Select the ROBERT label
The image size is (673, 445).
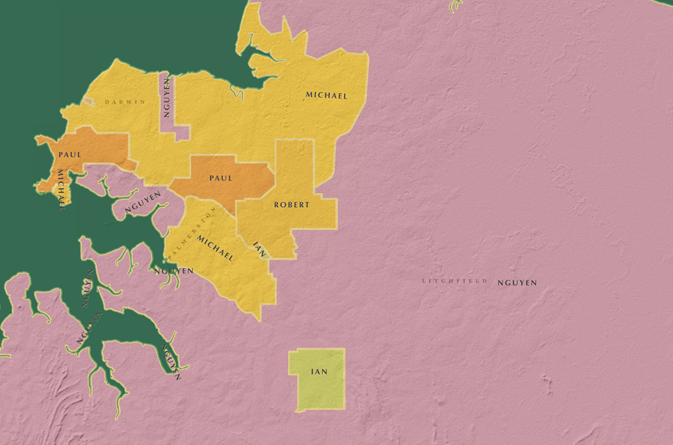(292, 205)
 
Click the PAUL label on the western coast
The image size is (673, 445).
(70, 155)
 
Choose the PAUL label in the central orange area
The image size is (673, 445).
(221, 178)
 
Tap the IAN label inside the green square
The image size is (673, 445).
(319, 372)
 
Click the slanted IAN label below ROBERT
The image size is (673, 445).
(259, 249)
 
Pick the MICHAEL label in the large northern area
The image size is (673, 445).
(326, 95)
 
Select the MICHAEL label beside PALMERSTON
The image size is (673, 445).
(215, 248)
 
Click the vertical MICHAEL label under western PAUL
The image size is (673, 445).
(61, 190)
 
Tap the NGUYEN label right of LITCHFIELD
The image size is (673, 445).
(517, 283)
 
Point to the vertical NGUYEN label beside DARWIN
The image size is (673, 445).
(167, 97)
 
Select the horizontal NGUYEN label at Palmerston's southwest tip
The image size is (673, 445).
(173, 271)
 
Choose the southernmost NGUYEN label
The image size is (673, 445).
(171, 361)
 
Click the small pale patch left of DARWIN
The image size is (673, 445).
(89, 102)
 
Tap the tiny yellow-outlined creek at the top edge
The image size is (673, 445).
(455, 6)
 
